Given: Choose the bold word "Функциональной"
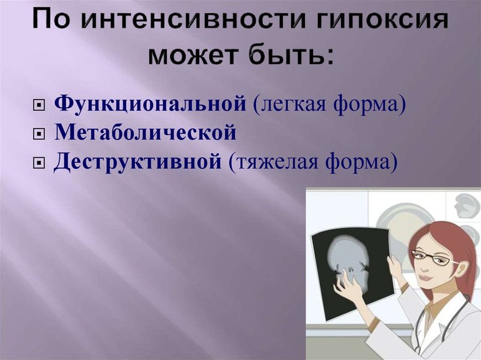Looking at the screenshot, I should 150,104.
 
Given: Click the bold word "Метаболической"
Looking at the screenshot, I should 146,132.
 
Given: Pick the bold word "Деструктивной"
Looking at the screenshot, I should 137,162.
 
